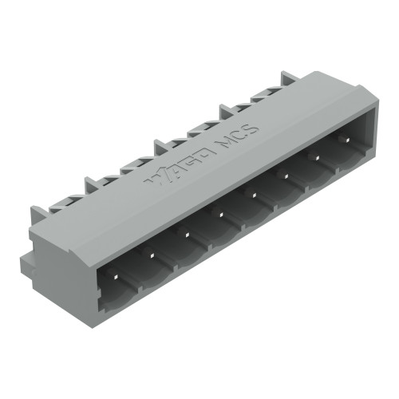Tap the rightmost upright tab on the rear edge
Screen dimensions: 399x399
point(288,78)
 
